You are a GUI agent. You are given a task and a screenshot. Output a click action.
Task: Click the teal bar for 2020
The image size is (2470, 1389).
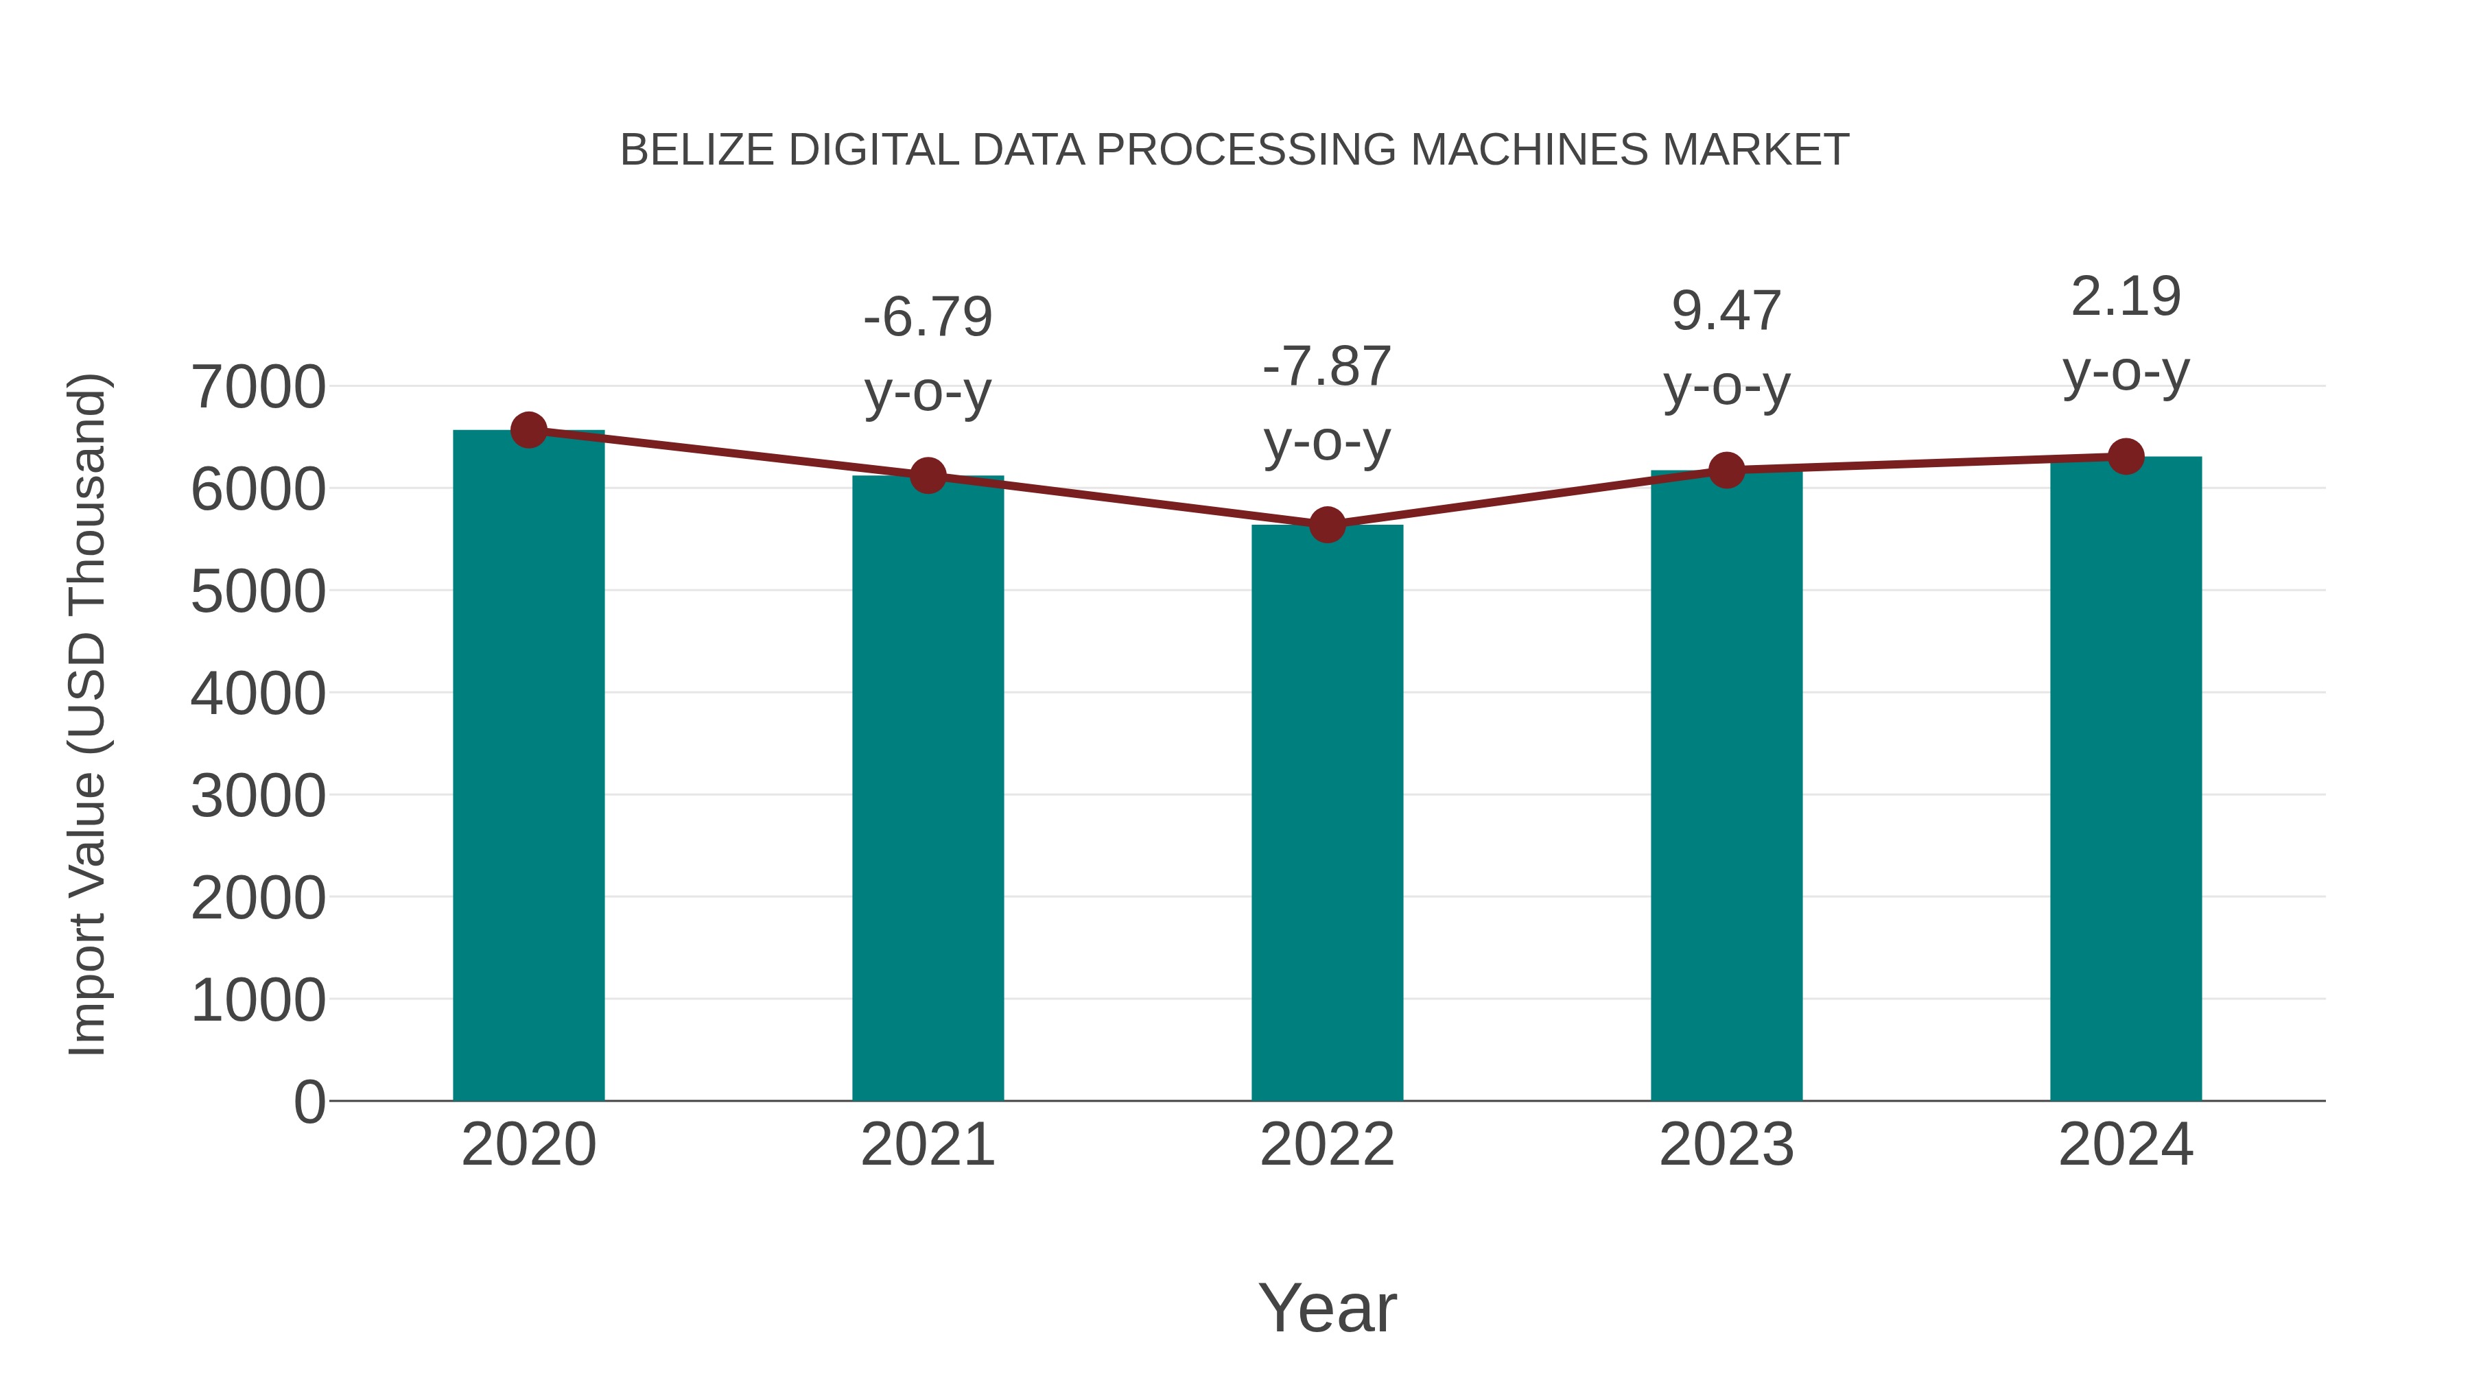(x=528, y=767)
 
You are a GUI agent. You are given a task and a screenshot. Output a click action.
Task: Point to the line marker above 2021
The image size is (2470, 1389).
(x=927, y=475)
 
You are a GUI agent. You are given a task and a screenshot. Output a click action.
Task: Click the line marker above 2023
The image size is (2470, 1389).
(x=1726, y=470)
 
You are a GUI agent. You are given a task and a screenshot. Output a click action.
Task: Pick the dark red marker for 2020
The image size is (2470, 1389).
(x=528, y=430)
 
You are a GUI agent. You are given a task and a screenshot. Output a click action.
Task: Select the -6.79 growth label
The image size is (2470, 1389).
(x=927, y=318)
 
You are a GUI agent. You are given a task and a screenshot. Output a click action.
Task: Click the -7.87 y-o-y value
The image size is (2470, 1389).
(x=1327, y=367)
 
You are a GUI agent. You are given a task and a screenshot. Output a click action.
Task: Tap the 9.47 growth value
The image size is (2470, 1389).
(x=1726, y=311)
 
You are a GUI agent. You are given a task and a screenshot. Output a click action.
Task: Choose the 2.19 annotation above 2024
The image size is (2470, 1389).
(x=2126, y=297)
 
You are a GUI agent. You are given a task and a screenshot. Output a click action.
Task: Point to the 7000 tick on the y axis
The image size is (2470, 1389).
(x=258, y=388)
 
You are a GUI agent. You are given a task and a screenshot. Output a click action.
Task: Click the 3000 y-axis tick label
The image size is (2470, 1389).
(x=258, y=796)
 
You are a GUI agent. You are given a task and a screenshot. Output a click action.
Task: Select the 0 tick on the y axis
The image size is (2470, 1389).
(x=309, y=1102)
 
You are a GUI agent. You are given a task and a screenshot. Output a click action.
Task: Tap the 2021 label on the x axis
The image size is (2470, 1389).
(x=927, y=1145)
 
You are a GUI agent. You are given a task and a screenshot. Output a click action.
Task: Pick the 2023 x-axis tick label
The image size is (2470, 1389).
(x=1726, y=1145)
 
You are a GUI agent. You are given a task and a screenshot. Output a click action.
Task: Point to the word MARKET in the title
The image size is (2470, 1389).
(x=1754, y=150)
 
